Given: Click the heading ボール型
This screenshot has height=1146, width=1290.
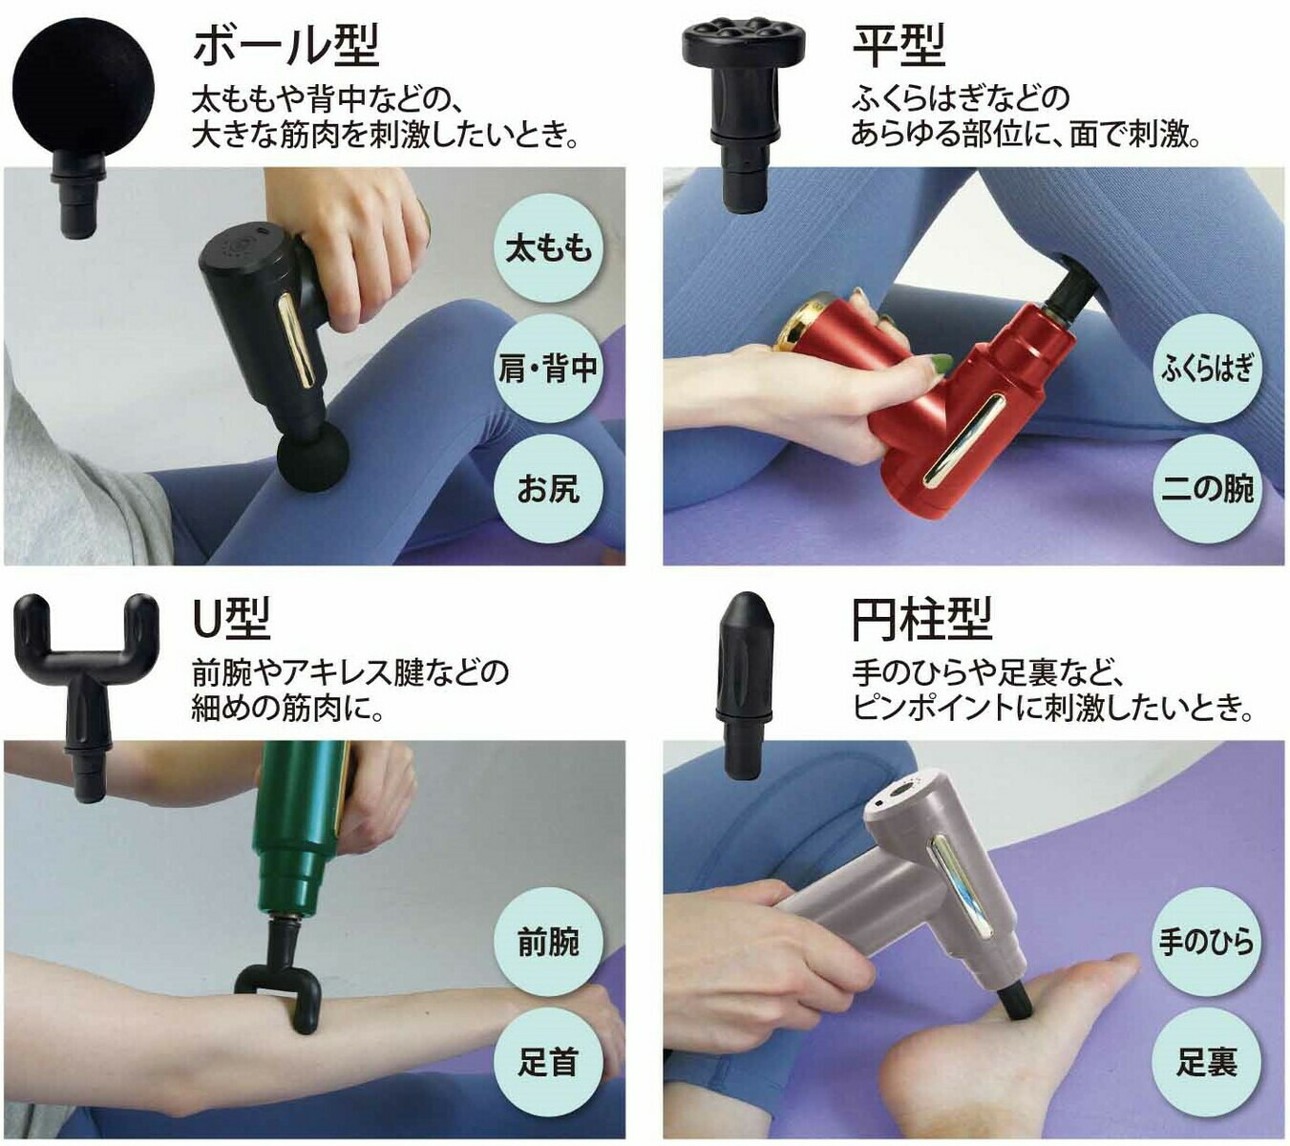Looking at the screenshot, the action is pos(285,45).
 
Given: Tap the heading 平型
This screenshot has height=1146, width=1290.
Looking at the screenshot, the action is pos(899,45).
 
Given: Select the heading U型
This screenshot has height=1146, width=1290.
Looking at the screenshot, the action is pos(232,618).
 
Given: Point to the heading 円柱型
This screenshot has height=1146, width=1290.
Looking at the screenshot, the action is pos(922,618).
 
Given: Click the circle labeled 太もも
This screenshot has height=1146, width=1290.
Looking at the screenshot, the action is pos(548,247).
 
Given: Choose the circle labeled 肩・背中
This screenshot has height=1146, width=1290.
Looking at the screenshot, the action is pos(548,369).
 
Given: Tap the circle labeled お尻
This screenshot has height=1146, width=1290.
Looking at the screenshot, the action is pos(548,489).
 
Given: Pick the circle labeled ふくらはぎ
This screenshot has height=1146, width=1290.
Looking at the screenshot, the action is pos(1206,369).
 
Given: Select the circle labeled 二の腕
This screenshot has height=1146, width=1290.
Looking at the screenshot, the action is pos(1206,489).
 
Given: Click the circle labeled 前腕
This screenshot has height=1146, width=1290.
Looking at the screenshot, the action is pos(548,942).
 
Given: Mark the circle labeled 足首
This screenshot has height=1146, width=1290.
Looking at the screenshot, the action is pos(548,1062).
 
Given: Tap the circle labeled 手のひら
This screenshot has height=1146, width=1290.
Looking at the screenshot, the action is pos(1206,942).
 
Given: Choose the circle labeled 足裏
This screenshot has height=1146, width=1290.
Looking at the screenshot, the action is pos(1206,1062).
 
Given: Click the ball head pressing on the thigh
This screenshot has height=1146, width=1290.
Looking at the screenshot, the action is pos(314,457).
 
